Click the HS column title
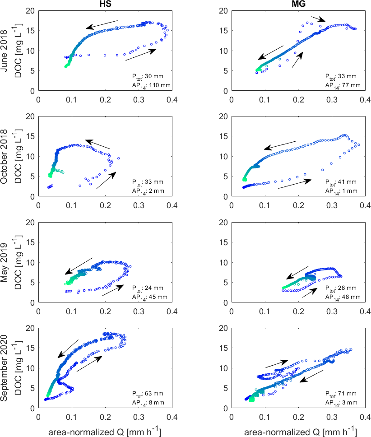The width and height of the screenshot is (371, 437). click(105, 4)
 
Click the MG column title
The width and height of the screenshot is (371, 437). click(298, 4)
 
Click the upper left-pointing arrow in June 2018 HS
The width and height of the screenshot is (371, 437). click(102, 24)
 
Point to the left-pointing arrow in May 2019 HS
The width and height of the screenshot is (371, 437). click(79, 266)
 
